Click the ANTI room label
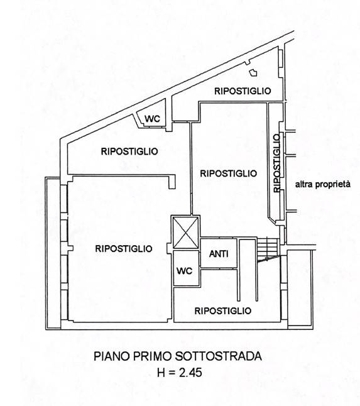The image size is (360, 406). (x=219, y=254)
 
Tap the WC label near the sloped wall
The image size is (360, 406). (x=153, y=119)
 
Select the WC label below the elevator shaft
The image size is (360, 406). (x=184, y=272)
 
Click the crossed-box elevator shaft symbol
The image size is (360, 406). (x=185, y=232)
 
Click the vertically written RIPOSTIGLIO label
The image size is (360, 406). (x=276, y=163)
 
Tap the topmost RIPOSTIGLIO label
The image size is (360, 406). (x=243, y=91)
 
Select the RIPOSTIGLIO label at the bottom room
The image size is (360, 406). (x=223, y=310)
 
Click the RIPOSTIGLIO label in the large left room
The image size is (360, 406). (x=123, y=248)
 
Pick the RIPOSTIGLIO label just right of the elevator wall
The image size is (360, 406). (x=228, y=173)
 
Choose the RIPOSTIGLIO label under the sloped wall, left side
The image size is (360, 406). (x=129, y=151)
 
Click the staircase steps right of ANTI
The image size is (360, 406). (x=266, y=248)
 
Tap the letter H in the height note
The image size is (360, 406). (x=160, y=372)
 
